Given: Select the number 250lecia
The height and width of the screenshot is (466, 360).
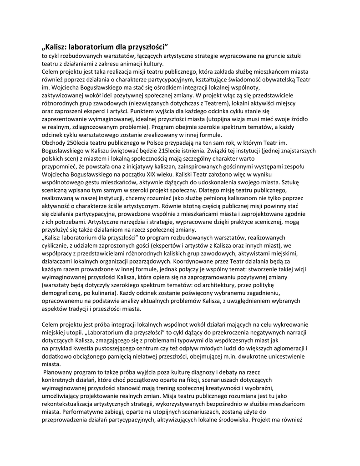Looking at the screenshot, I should (x=75, y=142).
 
